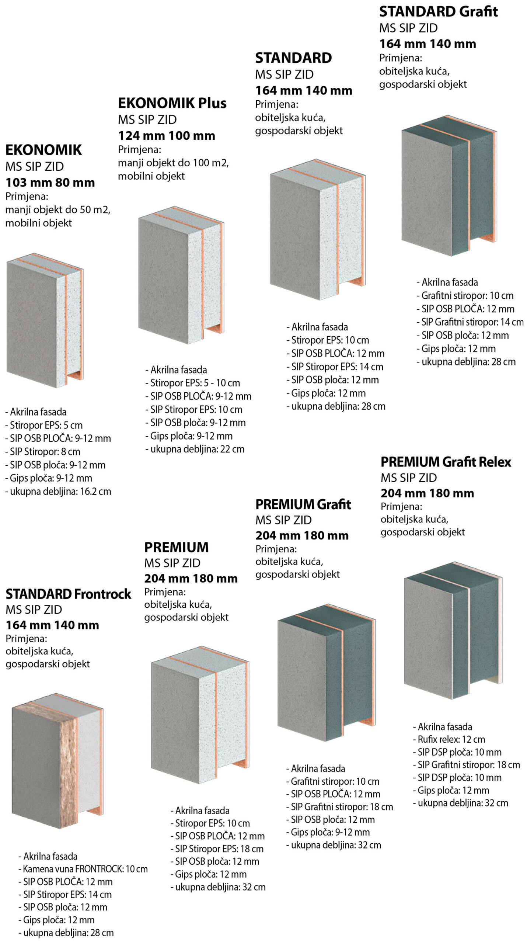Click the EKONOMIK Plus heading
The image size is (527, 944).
(172, 103)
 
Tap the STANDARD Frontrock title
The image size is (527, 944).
(68, 594)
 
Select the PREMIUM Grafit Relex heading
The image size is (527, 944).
(446, 462)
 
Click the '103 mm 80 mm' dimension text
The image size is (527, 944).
(50, 183)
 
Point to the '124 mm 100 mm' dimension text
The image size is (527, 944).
(167, 136)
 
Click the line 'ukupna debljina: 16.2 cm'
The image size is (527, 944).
(58, 492)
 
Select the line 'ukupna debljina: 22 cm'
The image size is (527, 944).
(195, 449)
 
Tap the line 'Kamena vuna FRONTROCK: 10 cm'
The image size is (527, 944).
(83, 869)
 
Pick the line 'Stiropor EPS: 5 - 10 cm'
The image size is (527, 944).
(192, 383)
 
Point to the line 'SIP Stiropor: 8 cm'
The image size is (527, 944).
(43, 452)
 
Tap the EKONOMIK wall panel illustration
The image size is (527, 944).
(45, 320)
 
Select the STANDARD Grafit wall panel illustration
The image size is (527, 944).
(449, 185)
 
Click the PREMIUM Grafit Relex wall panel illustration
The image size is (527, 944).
(453, 630)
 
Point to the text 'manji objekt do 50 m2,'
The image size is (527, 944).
(58, 210)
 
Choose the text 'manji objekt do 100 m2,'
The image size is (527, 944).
(173, 163)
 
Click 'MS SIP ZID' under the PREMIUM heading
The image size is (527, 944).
(172, 563)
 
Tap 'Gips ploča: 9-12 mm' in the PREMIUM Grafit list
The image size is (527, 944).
(328, 832)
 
